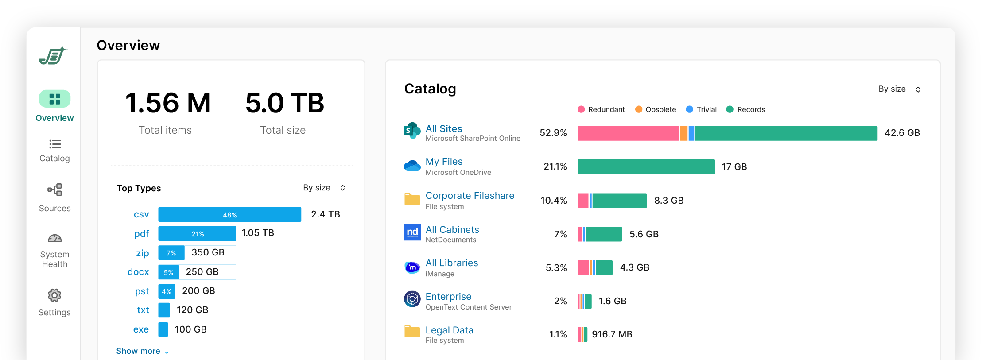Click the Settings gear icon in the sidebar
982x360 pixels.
pyautogui.click(x=54, y=295)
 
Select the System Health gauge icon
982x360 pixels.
pyautogui.click(x=54, y=239)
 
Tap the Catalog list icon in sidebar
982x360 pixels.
pyautogui.click(x=55, y=144)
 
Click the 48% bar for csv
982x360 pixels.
pyautogui.click(x=229, y=215)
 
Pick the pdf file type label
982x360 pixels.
pyautogui.click(x=141, y=234)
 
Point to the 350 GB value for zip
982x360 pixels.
pyautogui.click(x=208, y=252)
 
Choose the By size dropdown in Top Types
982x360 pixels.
pyautogui.click(x=324, y=188)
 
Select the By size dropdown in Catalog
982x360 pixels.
pyautogui.click(x=899, y=89)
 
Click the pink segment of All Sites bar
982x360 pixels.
pyautogui.click(x=628, y=133)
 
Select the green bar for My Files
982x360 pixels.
pyautogui.click(x=646, y=167)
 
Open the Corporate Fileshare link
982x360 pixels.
pyautogui.click(x=470, y=196)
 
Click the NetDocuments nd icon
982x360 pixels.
pyautogui.click(x=412, y=232)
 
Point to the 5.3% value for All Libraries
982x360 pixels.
pyautogui.click(x=556, y=268)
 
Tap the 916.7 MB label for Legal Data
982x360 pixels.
pyautogui.click(x=612, y=334)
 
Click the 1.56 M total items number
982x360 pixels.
pyautogui.click(x=167, y=103)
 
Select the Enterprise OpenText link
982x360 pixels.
pyautogui.click(x=448, y=297)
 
